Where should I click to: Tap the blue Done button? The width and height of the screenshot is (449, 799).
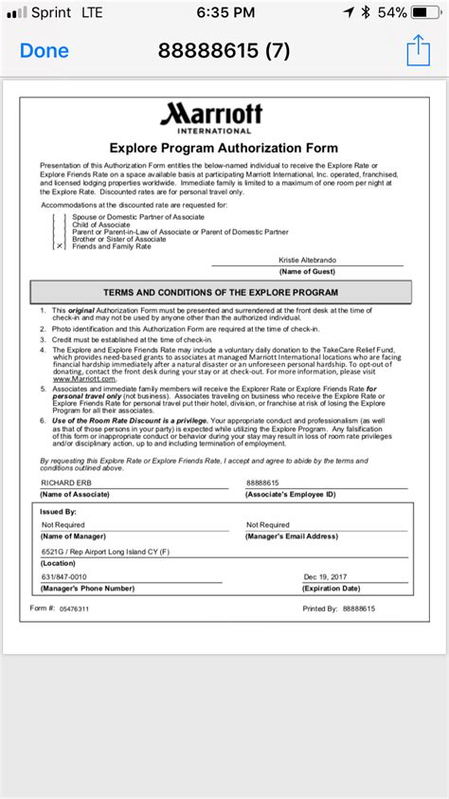coord(44,50)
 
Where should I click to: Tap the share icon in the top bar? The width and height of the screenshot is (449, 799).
coord(418,49)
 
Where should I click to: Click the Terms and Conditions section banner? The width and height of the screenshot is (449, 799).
coord(221,292)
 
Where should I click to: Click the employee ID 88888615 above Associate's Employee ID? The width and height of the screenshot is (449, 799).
coord(264,482)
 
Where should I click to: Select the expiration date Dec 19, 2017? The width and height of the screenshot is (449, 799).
coord(327,575)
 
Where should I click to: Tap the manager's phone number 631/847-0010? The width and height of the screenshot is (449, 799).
coord(65,575)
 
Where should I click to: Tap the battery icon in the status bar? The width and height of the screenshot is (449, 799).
coord(426,12)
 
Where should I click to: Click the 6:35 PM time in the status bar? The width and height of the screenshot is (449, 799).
coord(224,12)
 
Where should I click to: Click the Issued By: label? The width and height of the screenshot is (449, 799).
coord(58,510)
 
